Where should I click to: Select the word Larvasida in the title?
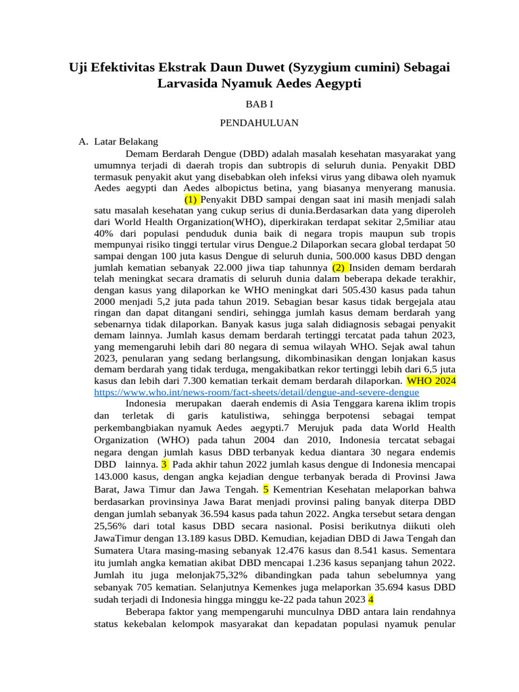[x=191, y=84]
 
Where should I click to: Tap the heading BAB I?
[x=259, y=105]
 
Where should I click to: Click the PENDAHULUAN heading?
[x=259, y=123]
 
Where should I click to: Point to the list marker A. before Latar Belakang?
[x=83, y=142]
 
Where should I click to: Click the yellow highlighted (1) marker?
[x=192, y=199]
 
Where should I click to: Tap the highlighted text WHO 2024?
[x=431, y=381]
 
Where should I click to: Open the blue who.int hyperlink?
[x=257, y=392]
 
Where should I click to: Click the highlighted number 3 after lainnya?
[x=164, y=465]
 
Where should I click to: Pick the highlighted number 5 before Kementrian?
[x=266, y=489]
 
